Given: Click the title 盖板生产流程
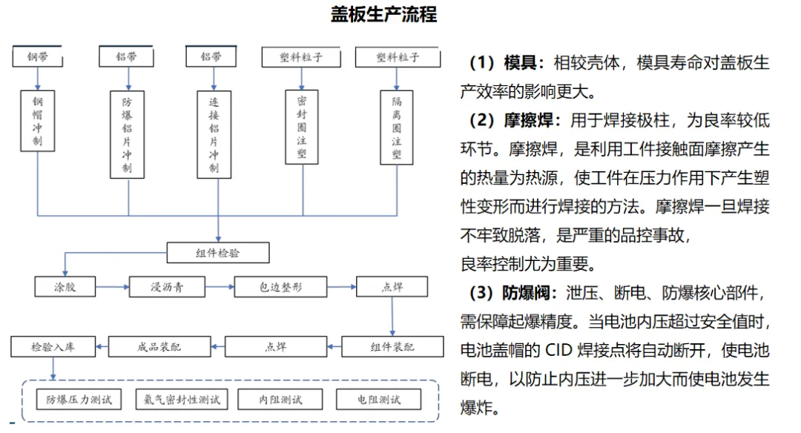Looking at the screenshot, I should tap(383, 15).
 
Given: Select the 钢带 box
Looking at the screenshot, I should tap(38, 56).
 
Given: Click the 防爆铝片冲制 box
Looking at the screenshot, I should tap(128, 134).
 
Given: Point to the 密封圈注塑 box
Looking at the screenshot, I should tap(302, 127).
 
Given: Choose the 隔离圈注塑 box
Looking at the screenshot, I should tap(396, 127).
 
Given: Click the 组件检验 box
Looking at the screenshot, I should tap(218, 253).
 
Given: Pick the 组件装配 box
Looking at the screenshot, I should tap(392, 346).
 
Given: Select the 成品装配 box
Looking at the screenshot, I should tap(159, 346).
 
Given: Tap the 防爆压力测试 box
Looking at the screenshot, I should tap(79, 400).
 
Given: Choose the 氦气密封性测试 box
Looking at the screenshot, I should tap(182, 400).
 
